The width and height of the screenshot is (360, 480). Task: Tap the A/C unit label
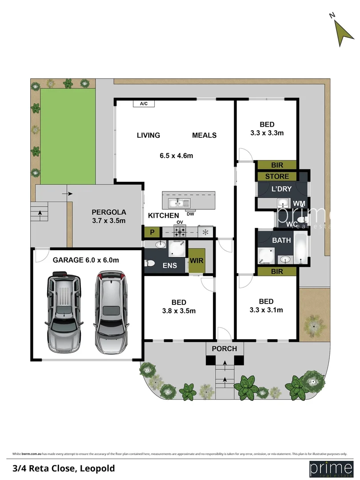(x=144, y=104)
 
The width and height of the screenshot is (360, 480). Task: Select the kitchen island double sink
(x=179, y=204)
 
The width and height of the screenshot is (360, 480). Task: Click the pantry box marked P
(x=151, y=232)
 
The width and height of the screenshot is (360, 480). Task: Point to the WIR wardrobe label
(x=196, y=261)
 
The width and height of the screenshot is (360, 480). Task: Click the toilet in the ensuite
(x=149, y=264)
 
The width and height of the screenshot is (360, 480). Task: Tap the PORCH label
(x=224, y=348)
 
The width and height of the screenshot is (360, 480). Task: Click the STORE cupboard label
(x=277, y=176)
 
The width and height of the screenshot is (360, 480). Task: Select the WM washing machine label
(x=299, y=203)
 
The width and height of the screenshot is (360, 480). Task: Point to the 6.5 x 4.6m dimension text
(x=176, y=156)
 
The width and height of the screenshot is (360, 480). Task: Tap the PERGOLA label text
(x=108, y=212)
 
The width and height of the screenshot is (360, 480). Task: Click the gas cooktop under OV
(x=180, y=232)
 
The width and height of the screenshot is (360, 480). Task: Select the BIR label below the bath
(x=277, y=271)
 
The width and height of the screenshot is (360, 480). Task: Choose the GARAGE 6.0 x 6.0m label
(x=86, y=260)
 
